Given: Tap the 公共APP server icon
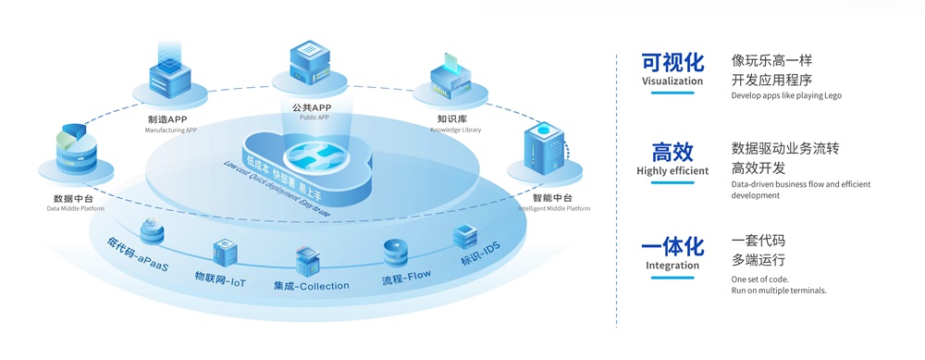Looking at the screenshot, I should tap(312, 62).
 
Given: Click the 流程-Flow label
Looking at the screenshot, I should tap(406, 276).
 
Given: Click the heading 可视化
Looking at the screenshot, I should tap(672, 62).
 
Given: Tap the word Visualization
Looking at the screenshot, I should tap(672, 81).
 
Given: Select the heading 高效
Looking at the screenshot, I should tap(672, 152).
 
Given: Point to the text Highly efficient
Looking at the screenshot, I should tap(672, 171).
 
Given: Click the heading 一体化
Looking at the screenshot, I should tap(672, 246).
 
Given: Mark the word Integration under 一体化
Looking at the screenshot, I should tap(672, 266).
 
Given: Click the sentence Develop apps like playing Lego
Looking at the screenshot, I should tap(786, 95).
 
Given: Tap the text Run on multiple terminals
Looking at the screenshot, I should tap(779, 291).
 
